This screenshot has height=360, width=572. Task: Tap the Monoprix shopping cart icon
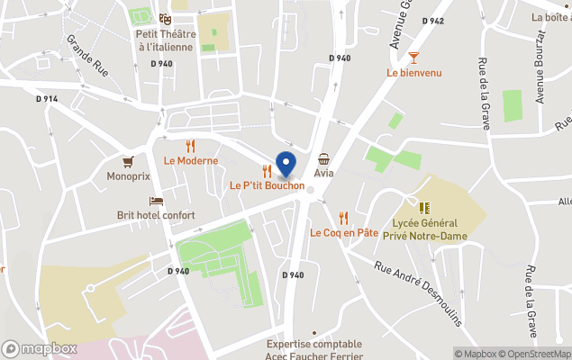click(128, 162)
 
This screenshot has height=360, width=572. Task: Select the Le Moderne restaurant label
click(191, 161)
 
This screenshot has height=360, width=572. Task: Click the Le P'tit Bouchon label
click(267, 185)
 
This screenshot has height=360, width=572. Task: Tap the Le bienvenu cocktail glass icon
click(413, 57)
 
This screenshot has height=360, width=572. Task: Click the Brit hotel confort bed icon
click(157, 202)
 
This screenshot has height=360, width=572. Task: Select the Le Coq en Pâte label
click(344, 232)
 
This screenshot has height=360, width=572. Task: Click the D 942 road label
click(432, 21)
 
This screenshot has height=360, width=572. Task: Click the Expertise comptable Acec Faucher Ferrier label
click(314, 349)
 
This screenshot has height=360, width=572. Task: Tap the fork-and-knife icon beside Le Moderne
click(190, 146)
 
